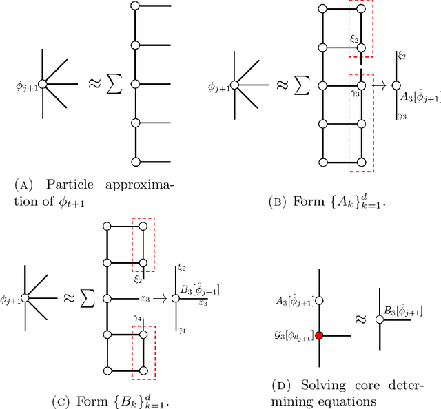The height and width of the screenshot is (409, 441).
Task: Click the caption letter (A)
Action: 23,185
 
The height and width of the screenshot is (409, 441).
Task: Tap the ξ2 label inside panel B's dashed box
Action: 355,40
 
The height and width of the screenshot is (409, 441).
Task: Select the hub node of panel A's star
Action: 42,84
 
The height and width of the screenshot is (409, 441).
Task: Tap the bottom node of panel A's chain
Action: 136,161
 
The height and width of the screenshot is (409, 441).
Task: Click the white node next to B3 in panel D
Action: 380,319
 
